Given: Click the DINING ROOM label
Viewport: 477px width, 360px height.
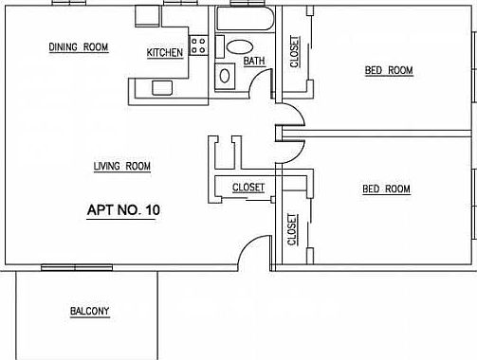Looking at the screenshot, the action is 79,46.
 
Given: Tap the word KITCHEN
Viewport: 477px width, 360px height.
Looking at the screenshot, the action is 165,53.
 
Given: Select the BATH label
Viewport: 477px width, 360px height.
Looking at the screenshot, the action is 254,62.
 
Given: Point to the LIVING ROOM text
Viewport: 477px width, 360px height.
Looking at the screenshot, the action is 122,167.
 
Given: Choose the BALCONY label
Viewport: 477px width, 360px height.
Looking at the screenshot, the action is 90,312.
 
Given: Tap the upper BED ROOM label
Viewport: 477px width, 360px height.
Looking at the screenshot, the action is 390,70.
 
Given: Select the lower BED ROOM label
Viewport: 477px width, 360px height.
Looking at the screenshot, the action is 386,189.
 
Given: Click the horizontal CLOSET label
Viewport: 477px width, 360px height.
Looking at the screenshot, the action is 248,188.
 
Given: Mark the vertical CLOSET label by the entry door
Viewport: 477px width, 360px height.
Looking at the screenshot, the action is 291,227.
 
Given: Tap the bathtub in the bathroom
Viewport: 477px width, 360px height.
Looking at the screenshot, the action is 244,19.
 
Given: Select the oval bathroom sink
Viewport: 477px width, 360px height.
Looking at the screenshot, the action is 240,45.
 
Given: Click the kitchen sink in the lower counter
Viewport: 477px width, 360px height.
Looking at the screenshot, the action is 163,87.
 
